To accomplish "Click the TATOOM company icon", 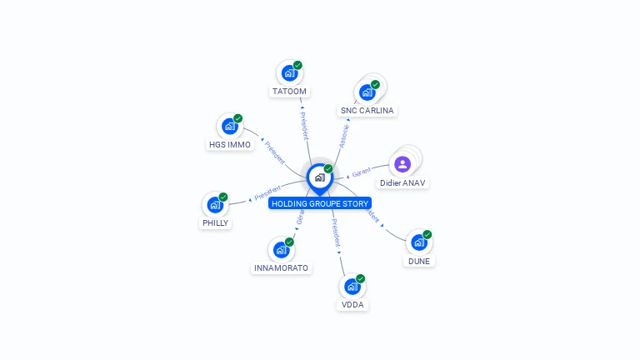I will [x=289, y=73].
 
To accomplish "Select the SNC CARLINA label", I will [x=367, y=110].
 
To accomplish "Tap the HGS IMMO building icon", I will [x=229, y=127].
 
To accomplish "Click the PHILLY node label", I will [x=215, y=222].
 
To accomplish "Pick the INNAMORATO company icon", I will [x=281, y=250].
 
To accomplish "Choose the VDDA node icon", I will [x=352, y=287].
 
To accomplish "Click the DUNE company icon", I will [x=418, y=242].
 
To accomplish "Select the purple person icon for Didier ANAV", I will [x=402, y=164].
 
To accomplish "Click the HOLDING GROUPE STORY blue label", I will [x=320, y=203].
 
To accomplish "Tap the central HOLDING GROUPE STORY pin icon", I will [x=319, y=177].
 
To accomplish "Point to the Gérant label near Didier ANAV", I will [x=361, y=172].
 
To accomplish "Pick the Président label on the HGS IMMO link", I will [x=274, y=151].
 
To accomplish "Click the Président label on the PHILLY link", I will [x=267, y=194].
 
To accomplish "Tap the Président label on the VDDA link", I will [x=334, y=234].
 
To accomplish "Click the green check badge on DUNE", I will [x=427, y=234].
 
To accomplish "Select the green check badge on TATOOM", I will [x=297, y=65].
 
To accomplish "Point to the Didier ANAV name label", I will [x=402, y=182].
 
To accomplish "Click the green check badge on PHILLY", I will [x=223, y=197].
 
